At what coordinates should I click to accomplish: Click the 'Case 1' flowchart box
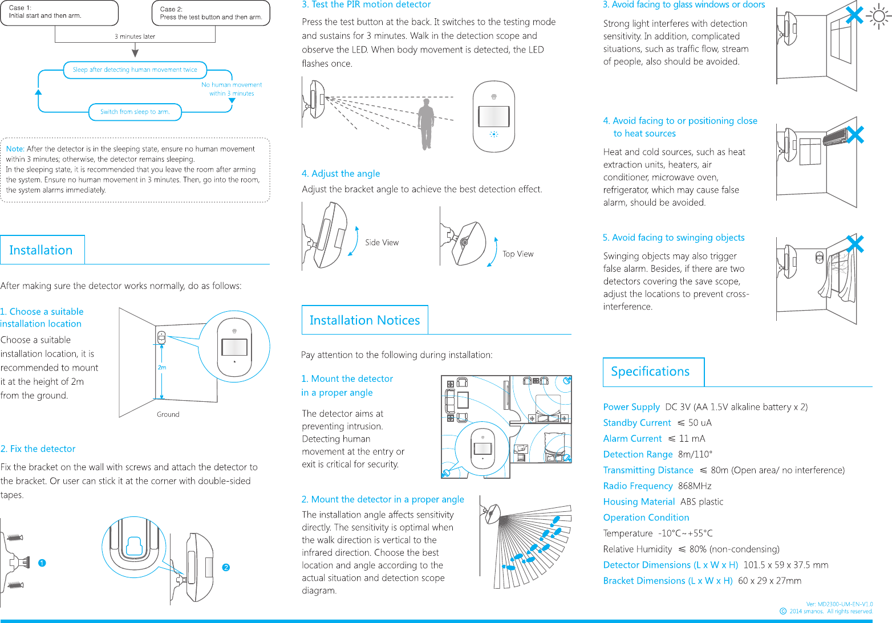click(x=59, y=13)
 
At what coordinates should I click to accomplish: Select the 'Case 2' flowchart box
click(x=211, y=13)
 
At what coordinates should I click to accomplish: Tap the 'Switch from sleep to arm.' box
click(x=135, y=112)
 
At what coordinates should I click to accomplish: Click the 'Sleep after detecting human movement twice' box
click(x=135, y=70)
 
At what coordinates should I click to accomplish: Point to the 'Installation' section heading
click(x=41, y=250)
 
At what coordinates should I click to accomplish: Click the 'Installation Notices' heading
click(x=364, y=320)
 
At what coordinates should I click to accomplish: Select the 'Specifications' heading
click(x=650, y=372)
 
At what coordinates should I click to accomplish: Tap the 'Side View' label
click(x=382, y=243)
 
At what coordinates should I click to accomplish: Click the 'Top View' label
click(x=518, y=254)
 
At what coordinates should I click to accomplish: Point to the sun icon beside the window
click(x=879, y=17)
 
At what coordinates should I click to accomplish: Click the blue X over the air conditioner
click(x=855, y=135)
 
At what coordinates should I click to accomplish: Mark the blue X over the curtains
click(x=855, y=244)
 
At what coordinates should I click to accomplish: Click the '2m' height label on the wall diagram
click(x=162, y=368)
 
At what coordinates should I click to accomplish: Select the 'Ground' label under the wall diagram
click(x=168, y=414)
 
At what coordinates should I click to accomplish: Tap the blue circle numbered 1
click(x=42, y=563)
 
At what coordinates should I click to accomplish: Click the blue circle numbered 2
click(x=226, y=568)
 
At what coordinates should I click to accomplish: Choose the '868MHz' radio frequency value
click(x=695, y=486)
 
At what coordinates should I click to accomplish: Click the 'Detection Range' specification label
click(x=638, y=454)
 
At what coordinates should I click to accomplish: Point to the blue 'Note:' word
click(x=15, y=149)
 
